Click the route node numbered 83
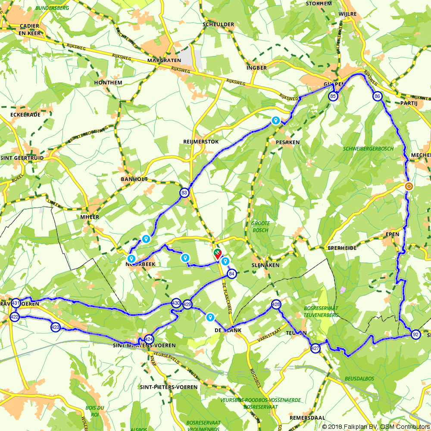pos(184,193)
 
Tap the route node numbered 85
pos(333,97)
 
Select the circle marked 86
pos(377,97)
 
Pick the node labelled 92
pos(415,334)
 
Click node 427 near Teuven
pos(315,348)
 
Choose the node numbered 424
pos(149,339)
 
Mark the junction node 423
pos(55,327)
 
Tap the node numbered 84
pos(232,274)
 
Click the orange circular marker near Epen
pos(409,187)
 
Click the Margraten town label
pos(160,61)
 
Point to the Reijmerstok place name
pos(201,141)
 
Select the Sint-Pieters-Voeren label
pos(169,387)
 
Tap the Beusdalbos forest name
pos(359,379)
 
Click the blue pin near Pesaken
pos(275,121)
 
